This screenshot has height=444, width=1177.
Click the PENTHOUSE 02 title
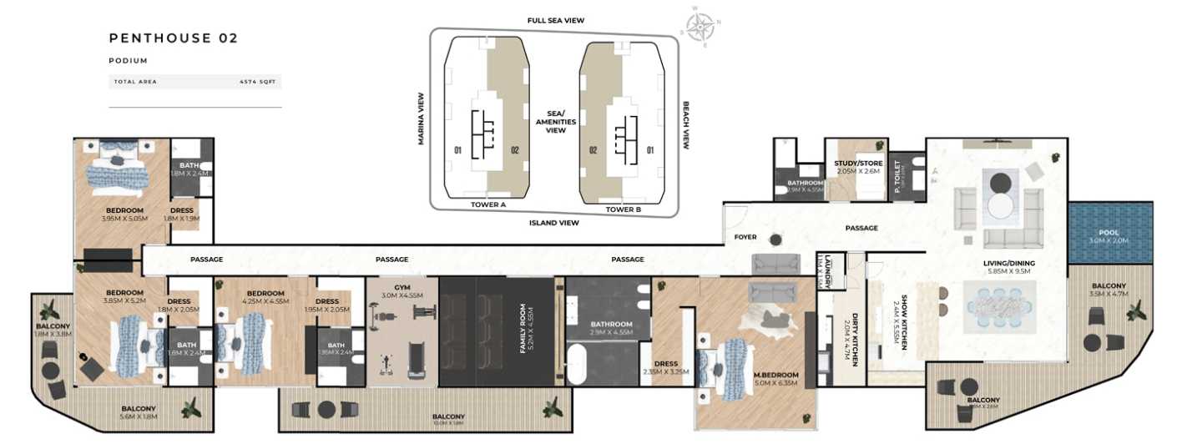[174, 38]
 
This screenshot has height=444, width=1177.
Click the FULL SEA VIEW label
[555, 20]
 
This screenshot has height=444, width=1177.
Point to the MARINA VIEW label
[422, 119]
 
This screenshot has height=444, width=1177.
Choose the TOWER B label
[624, 209]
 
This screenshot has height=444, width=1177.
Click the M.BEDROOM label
[776, 375]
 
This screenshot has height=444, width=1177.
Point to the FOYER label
[745, 237]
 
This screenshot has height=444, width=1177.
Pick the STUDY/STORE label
[857, 164]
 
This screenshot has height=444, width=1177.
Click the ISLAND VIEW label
[554, 224]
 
